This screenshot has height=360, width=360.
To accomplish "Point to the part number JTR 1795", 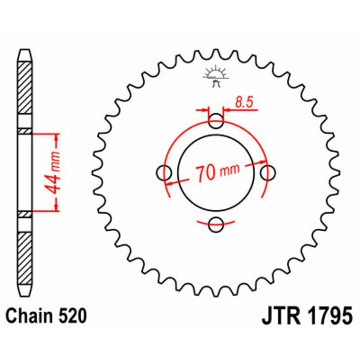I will (x=306, y=317).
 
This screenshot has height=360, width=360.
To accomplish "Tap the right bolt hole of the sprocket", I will (x=269, y=172).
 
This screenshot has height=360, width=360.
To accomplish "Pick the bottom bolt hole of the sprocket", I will (x=216, y=224).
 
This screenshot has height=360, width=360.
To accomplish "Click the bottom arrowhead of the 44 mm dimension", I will (x=56, y=207).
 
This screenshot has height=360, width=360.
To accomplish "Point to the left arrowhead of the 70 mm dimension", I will (x=169, y=183).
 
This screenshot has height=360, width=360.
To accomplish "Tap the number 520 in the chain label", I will (x=72, y=317).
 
